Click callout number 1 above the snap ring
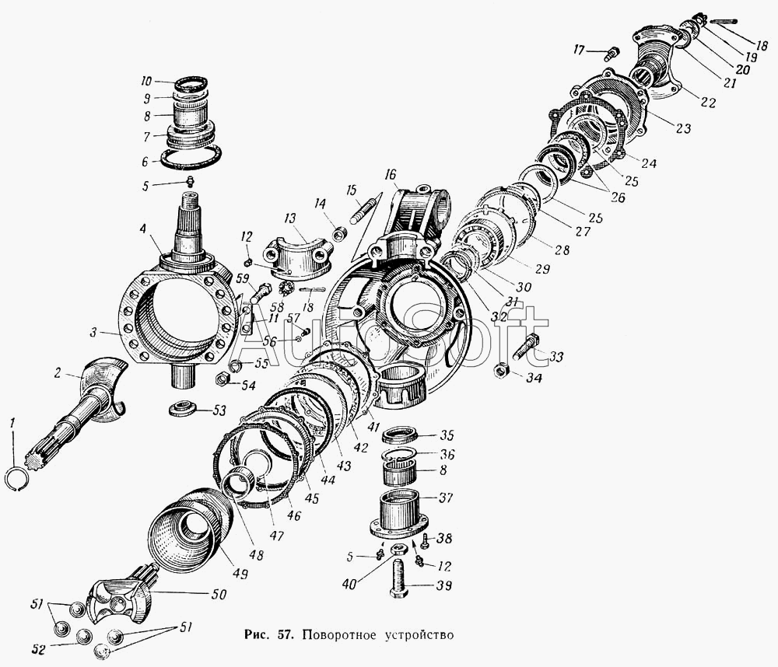[x=12, y=424]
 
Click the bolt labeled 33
[x=525, y=347]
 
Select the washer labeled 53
[x=183, y=408]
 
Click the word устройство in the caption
[x=415, y=636]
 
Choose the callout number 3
[x=93, y=332]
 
